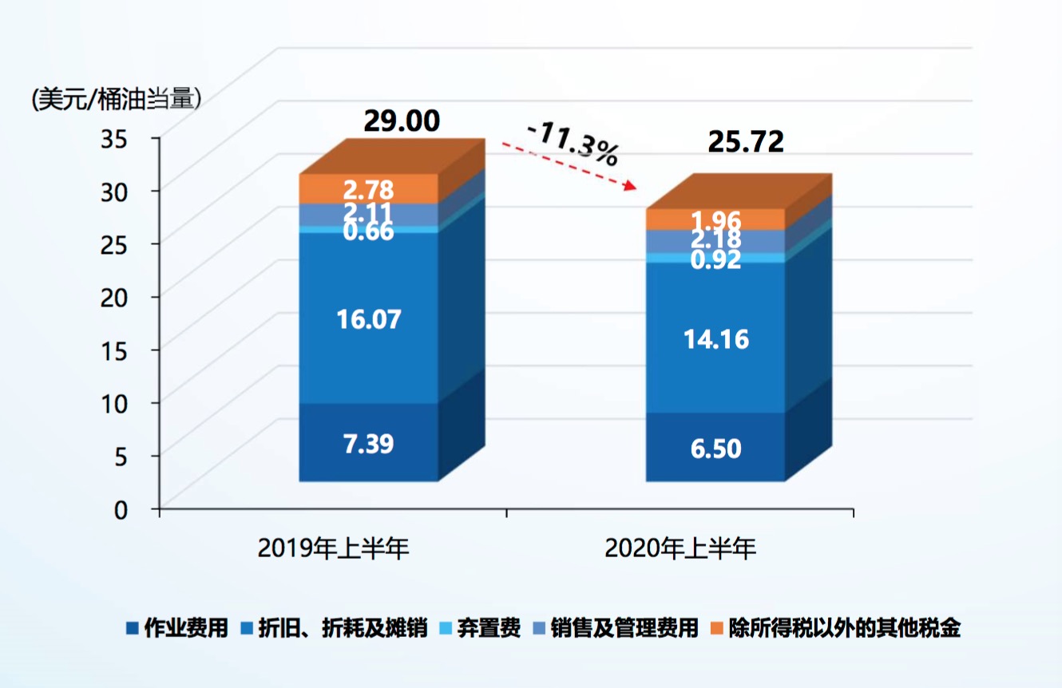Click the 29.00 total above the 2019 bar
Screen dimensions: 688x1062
(x=401, y=121)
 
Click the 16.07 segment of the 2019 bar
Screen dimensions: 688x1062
(x=368, y=319)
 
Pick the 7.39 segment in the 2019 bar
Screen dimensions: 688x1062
(x=368, y=444)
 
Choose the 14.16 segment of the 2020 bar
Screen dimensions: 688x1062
(x=715, y=339)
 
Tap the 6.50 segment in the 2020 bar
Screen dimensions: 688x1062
(x=715, y=449)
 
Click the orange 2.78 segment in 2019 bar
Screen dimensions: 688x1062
(x=368, y=189)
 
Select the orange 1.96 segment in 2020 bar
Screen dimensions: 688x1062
(x=715, y=219)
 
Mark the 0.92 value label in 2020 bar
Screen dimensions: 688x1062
(x=715, y=259)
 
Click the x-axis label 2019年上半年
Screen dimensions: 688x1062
(x=333, y=549)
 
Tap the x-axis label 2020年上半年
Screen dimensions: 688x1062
(x=680, y=549)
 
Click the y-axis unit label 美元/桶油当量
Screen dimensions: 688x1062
(x=117, y=99)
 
